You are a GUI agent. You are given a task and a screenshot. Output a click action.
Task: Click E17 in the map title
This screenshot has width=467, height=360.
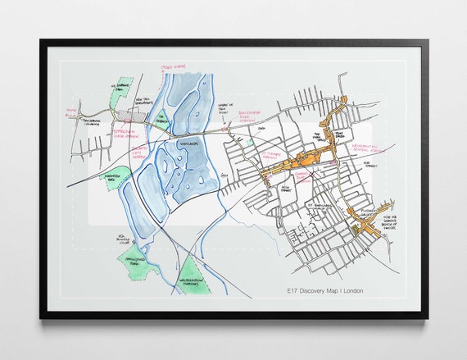tap(286, 290)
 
